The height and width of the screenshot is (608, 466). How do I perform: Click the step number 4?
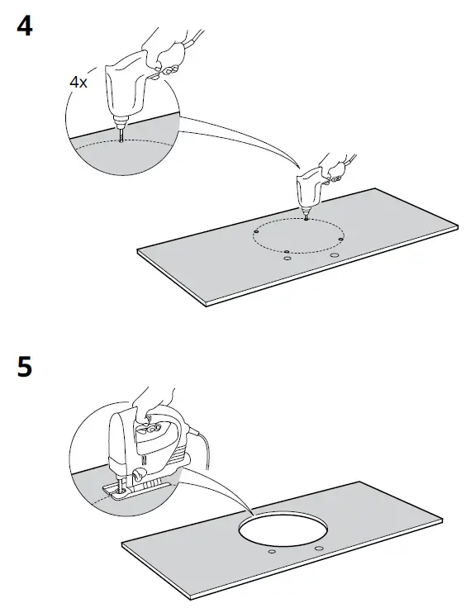pyautogui.click(x=25, y=27)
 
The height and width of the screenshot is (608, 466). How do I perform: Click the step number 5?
pyautogui.click(x=25, y=366)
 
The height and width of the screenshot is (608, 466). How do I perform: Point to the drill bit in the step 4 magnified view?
pyautogui.click(x=122, y=132)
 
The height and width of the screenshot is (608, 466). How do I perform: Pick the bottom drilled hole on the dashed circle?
pyautogui.click(x=285, y=250)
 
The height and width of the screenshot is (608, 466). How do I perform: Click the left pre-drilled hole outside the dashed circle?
pyautogui.click(x=287, y=259)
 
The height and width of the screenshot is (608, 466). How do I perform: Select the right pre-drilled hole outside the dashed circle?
pyautogui.click(x=335, y=255)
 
